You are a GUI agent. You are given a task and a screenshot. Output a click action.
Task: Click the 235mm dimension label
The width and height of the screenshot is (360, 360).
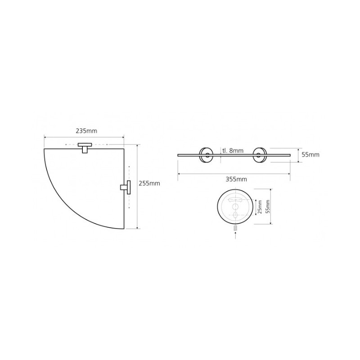pyautogui.click(x=86, y=131)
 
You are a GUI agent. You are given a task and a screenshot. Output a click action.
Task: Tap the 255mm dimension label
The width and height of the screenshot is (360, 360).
pyautogui.click(x=149, y=184)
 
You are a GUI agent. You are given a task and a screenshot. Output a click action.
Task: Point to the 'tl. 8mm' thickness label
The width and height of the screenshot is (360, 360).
pyautogui.click(x=233, y=151)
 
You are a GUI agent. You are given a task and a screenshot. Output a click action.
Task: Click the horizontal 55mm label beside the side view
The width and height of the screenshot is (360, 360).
pyautogui.click(x=310, y=155)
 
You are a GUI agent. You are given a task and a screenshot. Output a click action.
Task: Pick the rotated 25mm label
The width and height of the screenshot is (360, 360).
pyautogui.click(x=260, y=207)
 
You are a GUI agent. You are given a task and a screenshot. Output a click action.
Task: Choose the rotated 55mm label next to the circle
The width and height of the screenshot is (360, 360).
pyautogui.click(x=268, y=207)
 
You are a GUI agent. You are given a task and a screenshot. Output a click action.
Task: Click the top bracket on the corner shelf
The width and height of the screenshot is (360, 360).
pyautogui.click(x=85, y=148)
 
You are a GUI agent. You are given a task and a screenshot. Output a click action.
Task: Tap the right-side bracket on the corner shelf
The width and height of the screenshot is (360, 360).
pyautogui.click(x=126, y=187)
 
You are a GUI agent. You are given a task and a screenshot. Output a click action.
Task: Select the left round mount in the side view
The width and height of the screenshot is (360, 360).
pyautogui.click(x=206, y=155)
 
